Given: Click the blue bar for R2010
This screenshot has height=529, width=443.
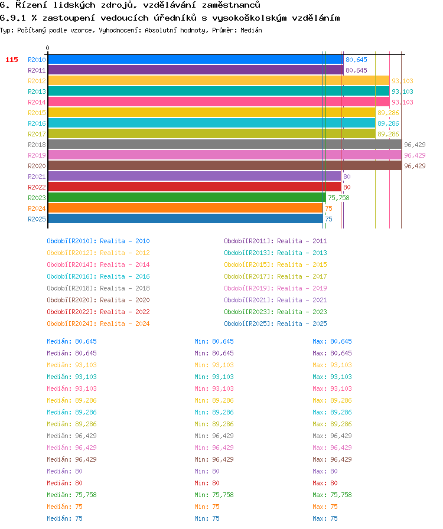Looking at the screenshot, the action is pos(196,60).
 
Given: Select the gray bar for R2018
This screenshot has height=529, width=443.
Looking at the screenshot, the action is pos(225,145).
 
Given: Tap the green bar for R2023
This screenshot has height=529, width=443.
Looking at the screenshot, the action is pos(187,198).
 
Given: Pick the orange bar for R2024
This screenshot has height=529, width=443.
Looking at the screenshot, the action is pos(185,208).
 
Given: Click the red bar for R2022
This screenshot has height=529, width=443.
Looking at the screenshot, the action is pos(194,187).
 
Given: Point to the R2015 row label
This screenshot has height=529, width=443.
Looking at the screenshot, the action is pos(37,113).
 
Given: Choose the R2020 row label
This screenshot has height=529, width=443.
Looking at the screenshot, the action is pos(37,166).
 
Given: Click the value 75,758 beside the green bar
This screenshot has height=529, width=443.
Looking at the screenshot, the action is pos(338,198).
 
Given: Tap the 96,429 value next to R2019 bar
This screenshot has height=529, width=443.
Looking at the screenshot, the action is pos(415,155).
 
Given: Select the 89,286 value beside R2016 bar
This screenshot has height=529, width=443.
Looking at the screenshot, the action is pos(388,123).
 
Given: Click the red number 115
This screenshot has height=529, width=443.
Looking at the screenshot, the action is pos(12,60).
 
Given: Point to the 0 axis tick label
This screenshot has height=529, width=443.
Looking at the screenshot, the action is pos(48,48).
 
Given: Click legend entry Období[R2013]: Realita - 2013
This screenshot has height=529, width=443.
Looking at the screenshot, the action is pos(275,253).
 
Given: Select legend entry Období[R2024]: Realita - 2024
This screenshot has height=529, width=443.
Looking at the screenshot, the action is pos(98,324).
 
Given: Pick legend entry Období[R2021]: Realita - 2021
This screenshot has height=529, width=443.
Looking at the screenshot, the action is pos(275,300).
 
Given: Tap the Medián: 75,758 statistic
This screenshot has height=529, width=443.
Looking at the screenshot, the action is pos(71,495).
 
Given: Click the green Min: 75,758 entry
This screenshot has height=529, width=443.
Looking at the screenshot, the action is pos(214,495).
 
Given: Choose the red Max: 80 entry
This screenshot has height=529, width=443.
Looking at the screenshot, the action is pos(325,483).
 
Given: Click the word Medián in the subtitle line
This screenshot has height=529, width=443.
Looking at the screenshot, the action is pos(251,30).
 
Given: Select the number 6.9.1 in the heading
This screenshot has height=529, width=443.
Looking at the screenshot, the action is pos(13,18).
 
